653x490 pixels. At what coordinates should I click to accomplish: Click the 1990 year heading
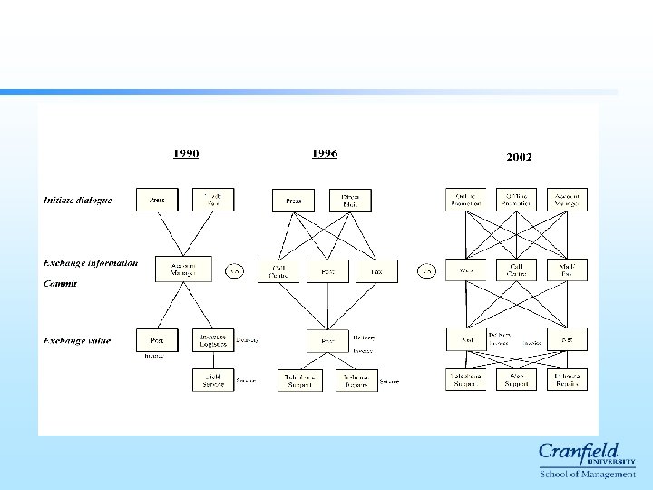pos(186,153)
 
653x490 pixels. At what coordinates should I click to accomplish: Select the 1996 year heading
pos(324,153)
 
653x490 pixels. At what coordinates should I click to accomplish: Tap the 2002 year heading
pos(519,157)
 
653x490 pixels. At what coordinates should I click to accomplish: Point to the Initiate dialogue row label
pos(78,200)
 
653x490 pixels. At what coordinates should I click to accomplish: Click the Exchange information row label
pos(91,263)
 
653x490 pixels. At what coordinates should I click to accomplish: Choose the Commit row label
pos(61,283)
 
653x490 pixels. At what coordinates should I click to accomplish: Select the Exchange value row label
pos(77,340)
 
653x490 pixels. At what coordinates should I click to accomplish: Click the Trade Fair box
pos(212,200)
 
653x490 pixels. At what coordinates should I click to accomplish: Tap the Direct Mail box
pos(350,200)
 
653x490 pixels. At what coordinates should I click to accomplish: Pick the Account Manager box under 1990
pos(183,269)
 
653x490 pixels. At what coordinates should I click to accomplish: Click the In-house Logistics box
pos(212,340)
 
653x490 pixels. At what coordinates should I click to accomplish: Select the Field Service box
pos(212,379)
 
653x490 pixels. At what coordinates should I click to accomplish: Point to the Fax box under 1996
pos(375,269)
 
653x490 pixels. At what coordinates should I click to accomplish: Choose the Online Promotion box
pos(465,200)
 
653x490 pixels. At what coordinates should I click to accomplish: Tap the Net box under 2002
pos(567,340)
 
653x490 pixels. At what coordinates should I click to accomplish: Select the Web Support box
pos(516,379)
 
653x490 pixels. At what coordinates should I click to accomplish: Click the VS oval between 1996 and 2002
pos(426,270)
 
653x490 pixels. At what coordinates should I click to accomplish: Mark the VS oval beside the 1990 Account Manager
pos(234,270)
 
